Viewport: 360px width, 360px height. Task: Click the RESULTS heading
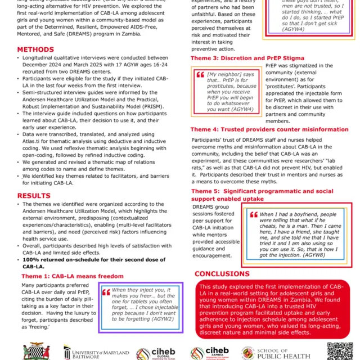click(34, 196)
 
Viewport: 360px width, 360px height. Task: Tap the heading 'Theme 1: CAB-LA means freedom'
click(73, 276)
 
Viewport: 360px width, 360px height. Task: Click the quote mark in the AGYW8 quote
click(253, 215)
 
